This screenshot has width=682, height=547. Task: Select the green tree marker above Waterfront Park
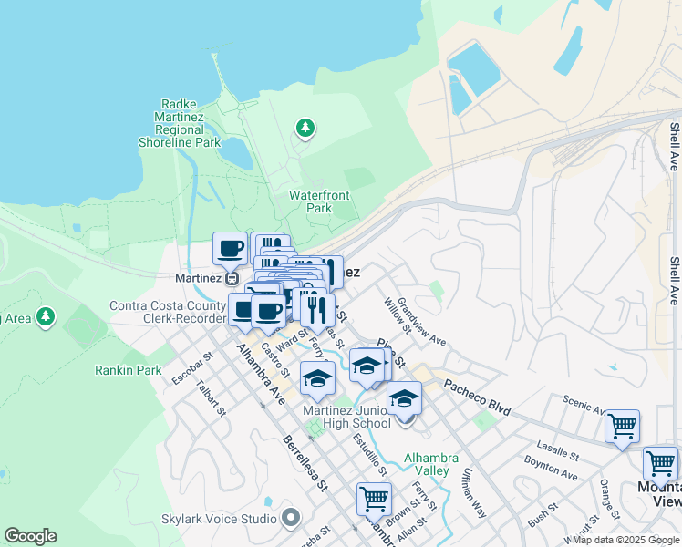tap(305, 129)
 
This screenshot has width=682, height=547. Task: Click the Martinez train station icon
tap(232, 278)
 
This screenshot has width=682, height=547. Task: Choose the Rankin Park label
tap(128, 370)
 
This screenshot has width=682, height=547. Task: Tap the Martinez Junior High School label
tap(346, 417)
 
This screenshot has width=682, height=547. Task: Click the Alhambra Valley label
tap(427, 464)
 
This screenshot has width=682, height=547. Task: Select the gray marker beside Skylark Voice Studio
tap(291, 519)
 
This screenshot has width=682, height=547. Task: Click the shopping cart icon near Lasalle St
tap(622, 426)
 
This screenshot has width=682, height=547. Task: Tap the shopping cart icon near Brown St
tap(374, 499)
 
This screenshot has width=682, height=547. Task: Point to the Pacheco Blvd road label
tap(479, 395)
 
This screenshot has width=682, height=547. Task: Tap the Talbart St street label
tap(212, 397)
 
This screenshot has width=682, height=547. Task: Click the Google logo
tap(30, 536)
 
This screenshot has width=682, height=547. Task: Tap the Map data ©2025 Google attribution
tap(625, 540)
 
